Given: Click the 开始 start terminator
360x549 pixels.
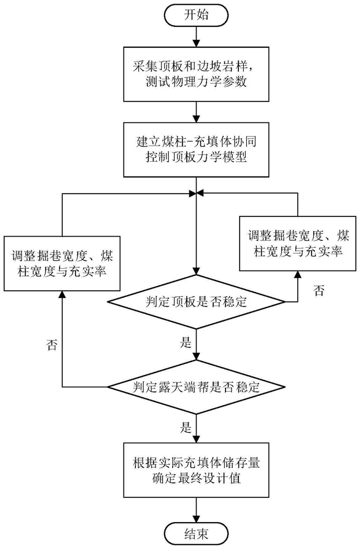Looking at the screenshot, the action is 196,15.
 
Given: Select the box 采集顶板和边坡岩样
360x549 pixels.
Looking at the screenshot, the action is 196,74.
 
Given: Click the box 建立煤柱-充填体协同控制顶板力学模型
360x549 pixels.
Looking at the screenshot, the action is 196,149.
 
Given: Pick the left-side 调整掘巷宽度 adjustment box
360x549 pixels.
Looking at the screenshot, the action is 62,264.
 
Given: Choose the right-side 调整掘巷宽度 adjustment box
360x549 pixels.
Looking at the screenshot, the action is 298,243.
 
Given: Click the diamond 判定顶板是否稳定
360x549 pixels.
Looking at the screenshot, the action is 196,302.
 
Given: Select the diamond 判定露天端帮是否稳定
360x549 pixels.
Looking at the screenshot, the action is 196,387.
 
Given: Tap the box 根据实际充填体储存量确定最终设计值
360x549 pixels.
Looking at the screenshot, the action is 196,470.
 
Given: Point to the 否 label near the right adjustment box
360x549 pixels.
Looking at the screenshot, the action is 319,291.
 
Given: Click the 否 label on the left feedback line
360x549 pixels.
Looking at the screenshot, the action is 52,346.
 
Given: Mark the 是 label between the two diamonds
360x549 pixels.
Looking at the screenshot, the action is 186,342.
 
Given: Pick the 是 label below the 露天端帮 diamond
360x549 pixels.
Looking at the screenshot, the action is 186,427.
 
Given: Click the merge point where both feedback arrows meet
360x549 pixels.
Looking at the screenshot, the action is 196,193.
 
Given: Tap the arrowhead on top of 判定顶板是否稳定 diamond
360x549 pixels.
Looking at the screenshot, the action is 196,271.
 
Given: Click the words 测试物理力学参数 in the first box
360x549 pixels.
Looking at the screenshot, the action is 196,82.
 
